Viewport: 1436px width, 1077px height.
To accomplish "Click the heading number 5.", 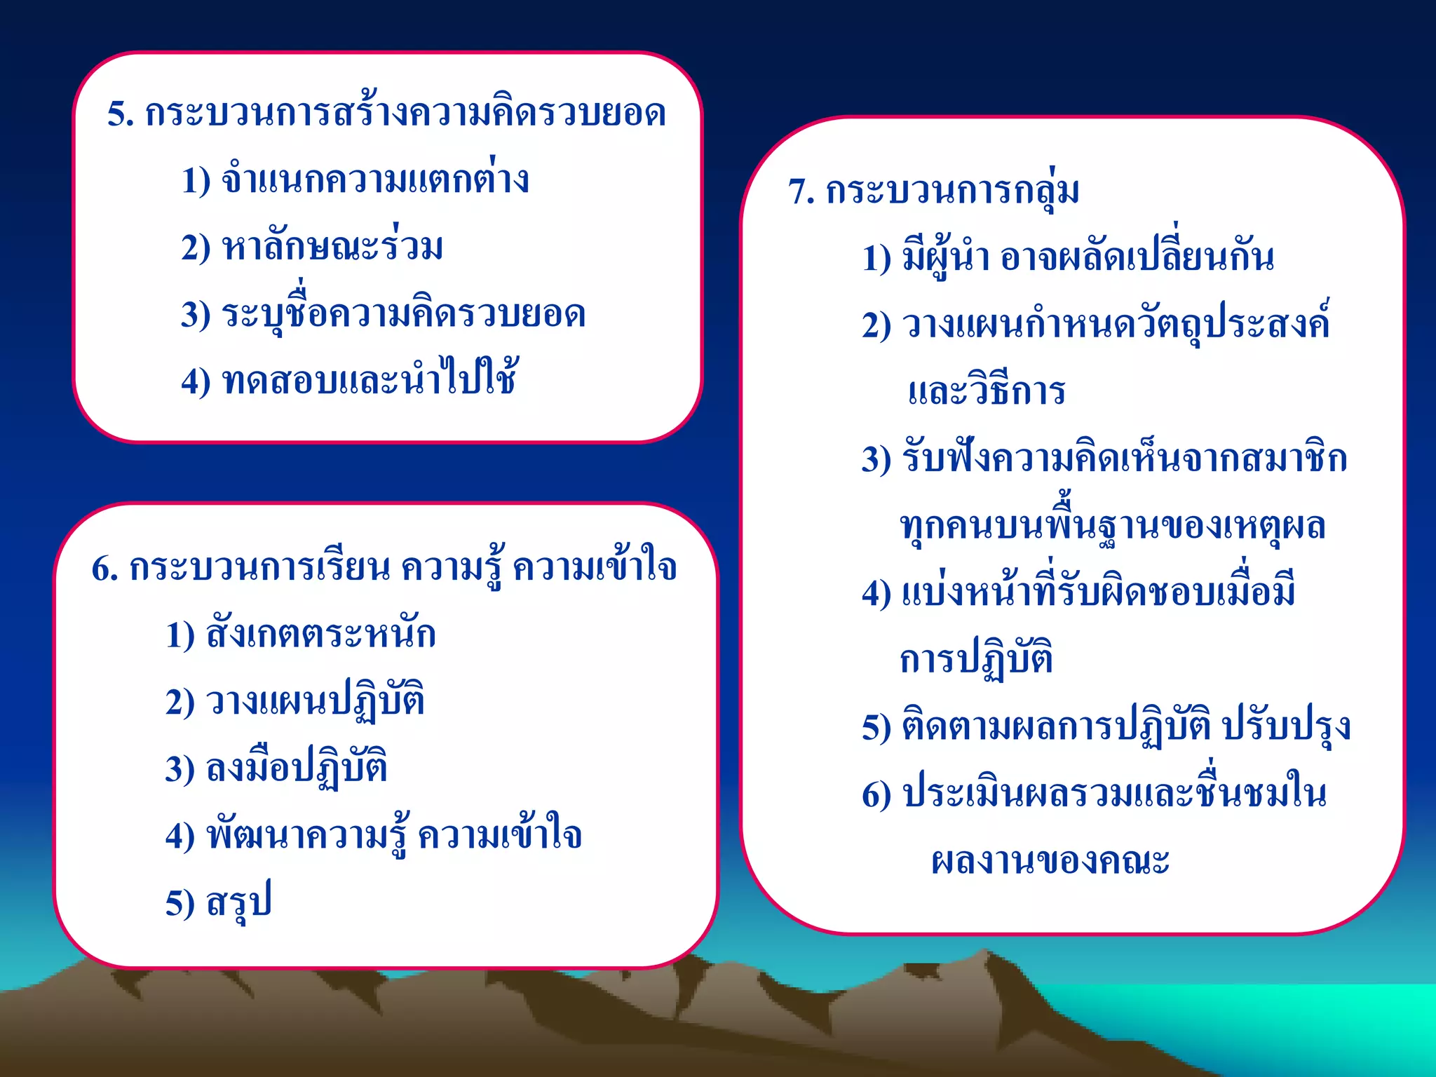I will click(120, 114).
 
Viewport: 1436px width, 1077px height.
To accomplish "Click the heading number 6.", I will click(104, 569).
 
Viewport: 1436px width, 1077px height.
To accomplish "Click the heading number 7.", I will click(801, 192).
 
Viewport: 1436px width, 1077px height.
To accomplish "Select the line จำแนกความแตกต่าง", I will click(375, 180).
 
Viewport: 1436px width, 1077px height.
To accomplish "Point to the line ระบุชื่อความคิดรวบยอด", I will click(403, 314).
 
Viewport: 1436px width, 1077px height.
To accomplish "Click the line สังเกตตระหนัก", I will click(320, 635).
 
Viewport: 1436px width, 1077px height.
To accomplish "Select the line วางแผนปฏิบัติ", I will click(315, 701).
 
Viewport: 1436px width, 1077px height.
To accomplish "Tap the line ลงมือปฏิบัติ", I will click(297, 768).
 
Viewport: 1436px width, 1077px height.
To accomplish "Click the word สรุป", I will click(238, 902).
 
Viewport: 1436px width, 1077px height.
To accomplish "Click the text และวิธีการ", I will click(986, 391).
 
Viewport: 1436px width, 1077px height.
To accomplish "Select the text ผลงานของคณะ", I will click(1050, 861).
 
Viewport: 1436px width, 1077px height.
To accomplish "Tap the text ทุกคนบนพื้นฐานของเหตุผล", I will click(1113, 526).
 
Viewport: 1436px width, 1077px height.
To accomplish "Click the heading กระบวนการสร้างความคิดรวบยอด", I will click(405, 114).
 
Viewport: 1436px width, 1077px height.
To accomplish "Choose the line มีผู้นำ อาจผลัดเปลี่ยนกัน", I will click(1088, 257).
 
